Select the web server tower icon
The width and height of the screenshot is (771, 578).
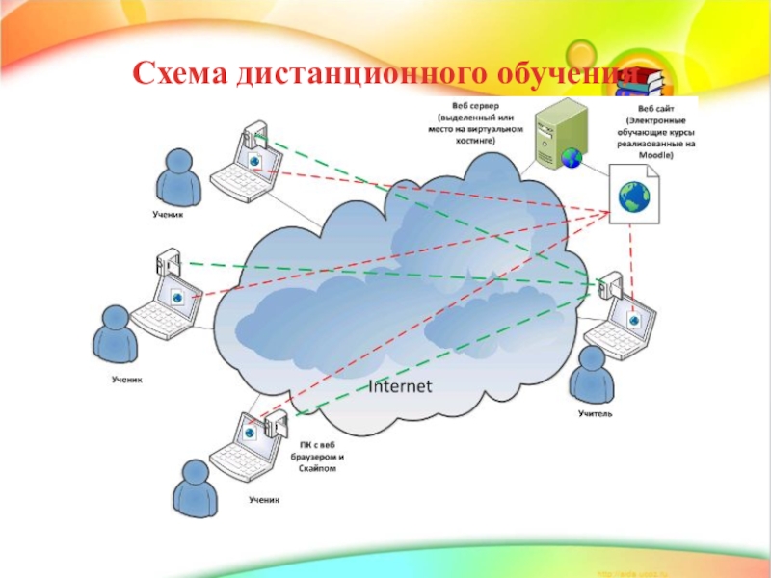point(558,135)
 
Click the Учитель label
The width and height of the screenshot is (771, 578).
point(595,414)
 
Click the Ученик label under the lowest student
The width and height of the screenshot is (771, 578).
point(263,500)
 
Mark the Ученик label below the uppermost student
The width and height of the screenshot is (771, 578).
point(167,215)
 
